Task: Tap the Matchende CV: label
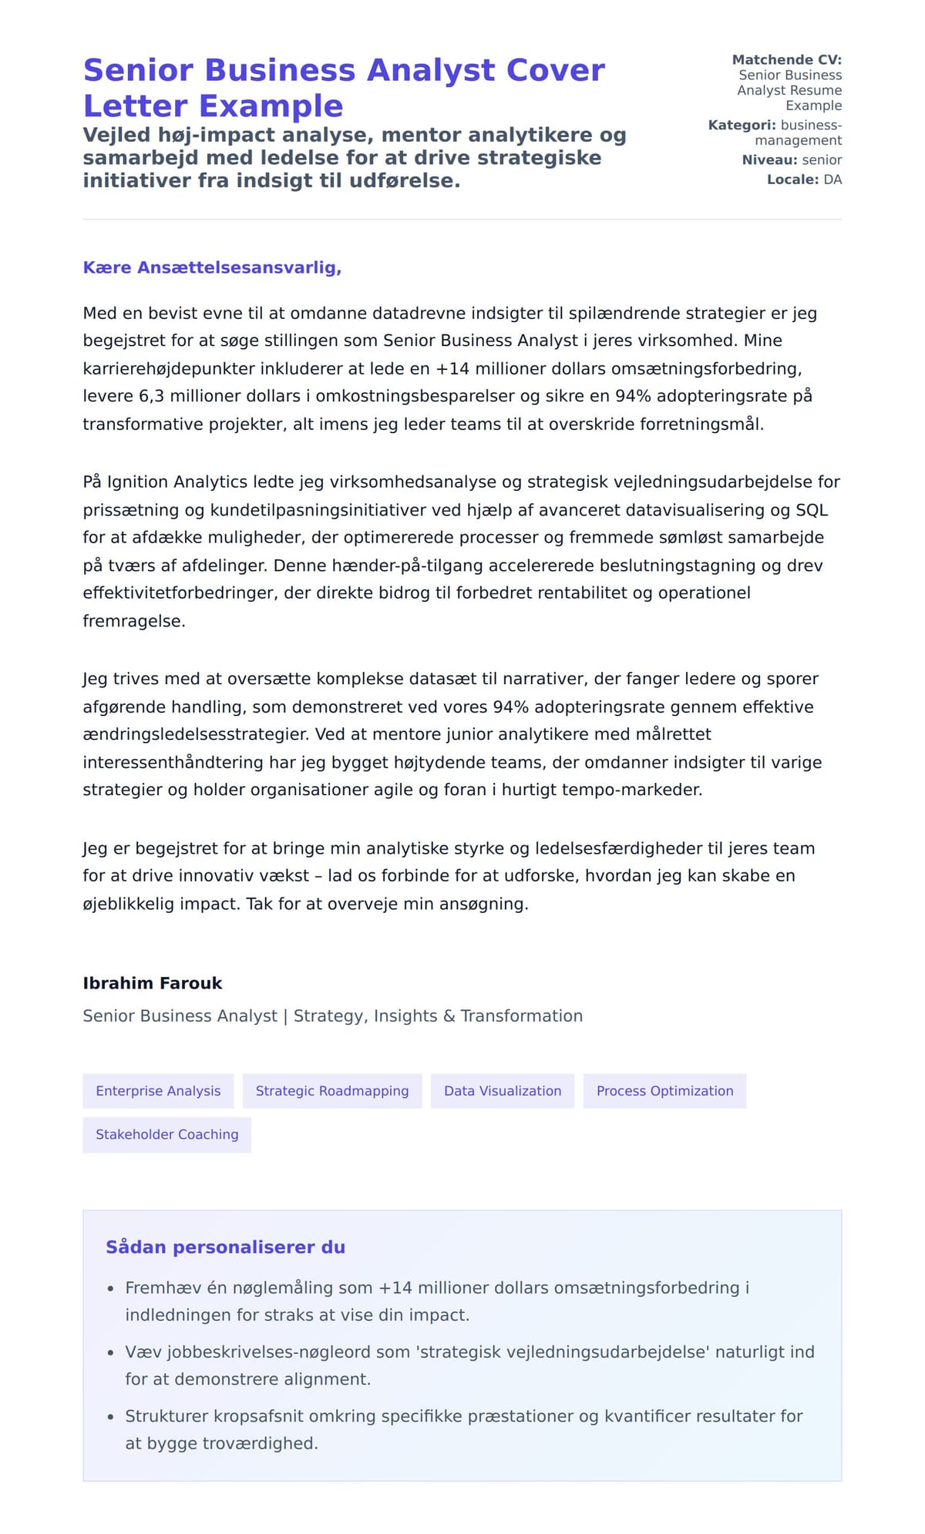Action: pyautogui.click(x=786, y=59)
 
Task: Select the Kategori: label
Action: pyautogui.click(x=742, y=125)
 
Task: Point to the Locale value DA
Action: pyautogui.click(x=832, y=180)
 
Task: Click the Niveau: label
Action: pyautogui.click(x=769, y=159)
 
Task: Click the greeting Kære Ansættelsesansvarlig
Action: pyautogui.click(x=212, y=267)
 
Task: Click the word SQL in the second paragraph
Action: pyautogui.click(x=812, y=510)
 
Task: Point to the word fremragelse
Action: pyautogui.click(x=133, y=621)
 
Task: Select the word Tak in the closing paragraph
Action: pyautogui.click(x=260, y=904)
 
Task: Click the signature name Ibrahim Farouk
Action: pyautogui.click(x=153, y=983)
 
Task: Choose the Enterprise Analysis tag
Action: pyautogui.click(x=158, y=1091)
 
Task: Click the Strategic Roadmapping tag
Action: pyautogui.click(x=332, y=1091)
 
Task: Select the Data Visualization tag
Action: pyautogui.click(x=503, y=1091)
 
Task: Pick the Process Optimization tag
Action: pyautogui.click(x=664, y=1091)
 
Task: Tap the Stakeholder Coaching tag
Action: pyautogui.click(x=166, y=1134)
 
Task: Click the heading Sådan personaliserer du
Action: pyautogui.click(x=225, y=1247)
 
